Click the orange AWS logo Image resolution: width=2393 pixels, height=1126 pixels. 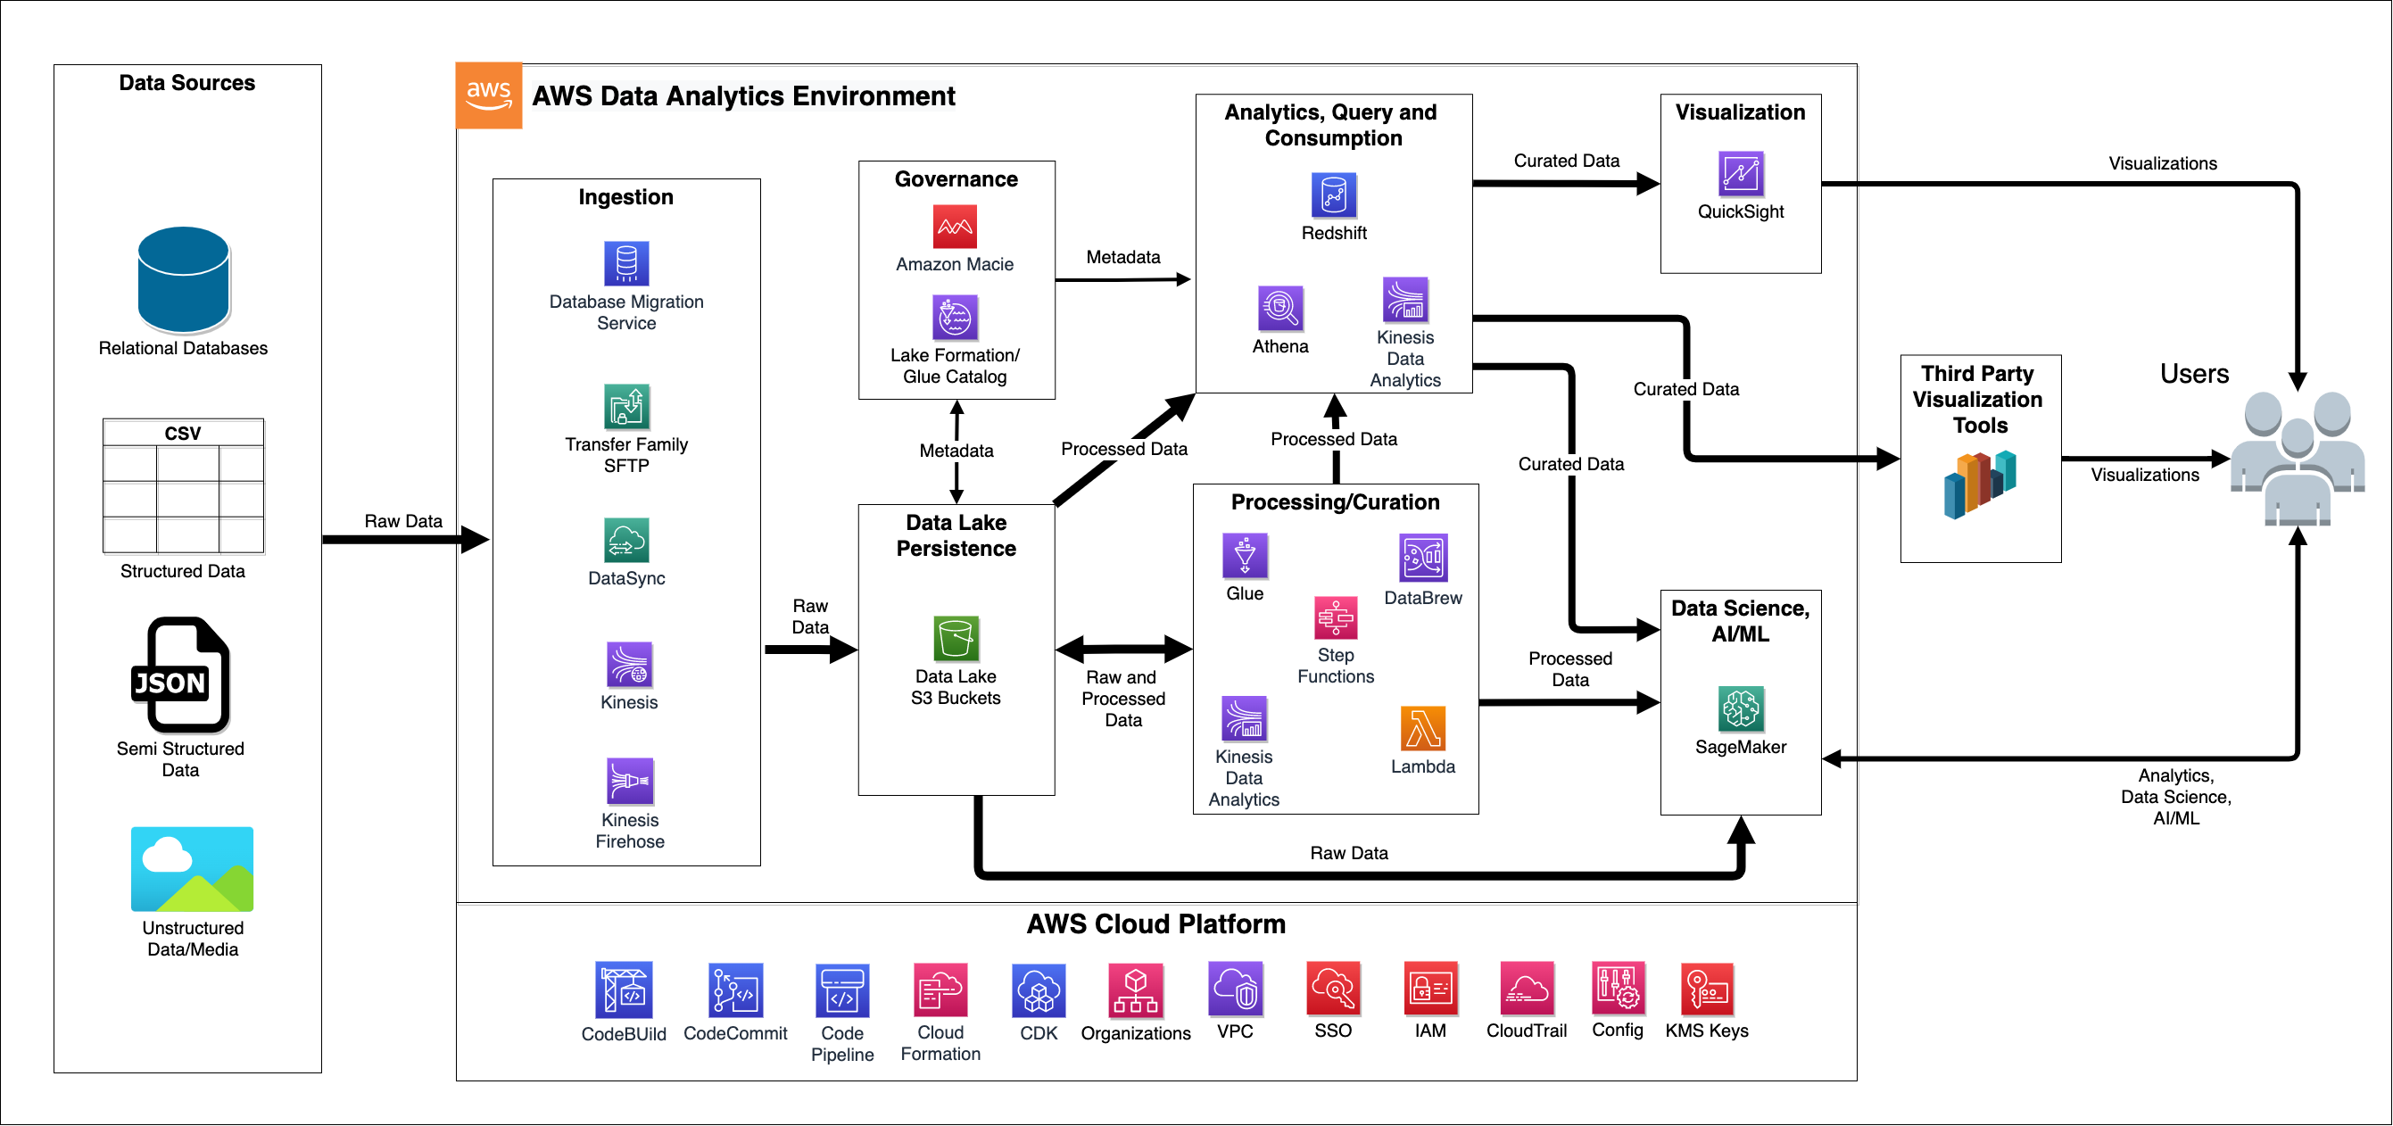click(x=489, y=95)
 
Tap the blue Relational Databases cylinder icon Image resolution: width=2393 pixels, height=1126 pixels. click(x=183, y=279)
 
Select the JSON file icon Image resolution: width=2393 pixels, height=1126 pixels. click(x=179, y=675)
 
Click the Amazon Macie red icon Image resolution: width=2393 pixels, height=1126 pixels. click(x=954, y=227)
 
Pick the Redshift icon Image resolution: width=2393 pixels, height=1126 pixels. click(x=1333, y=195)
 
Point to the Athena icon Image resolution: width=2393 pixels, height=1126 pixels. click(x=1280, y=309)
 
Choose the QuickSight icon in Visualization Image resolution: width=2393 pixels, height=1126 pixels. click(x=1740, y=174)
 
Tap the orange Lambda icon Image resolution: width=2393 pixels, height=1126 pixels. click(x=1422, y=728)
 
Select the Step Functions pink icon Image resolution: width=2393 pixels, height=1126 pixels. click(x=1335, y=617)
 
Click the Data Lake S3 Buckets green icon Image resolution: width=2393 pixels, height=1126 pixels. click(x=955, y=638)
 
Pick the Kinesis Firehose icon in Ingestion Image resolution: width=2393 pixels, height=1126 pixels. click(x=629, y=782)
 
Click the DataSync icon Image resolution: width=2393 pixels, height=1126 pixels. click(x=626, y=541)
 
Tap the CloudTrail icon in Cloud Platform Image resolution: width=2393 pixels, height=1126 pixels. click(x=1527, y=989)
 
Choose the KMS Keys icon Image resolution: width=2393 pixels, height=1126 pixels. click(x=1707, y=989)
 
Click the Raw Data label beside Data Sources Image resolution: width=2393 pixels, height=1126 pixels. click(x=402, y=521)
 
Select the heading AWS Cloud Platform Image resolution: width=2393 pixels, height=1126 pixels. click(x=1155, y=924)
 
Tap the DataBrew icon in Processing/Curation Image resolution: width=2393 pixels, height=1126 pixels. click(x=1422, y=558)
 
